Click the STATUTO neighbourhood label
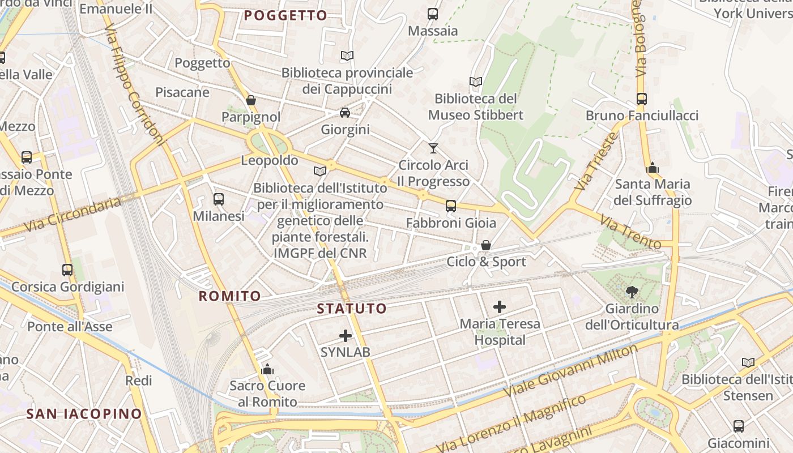[352, 309]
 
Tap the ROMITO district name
[230, 296]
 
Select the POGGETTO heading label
[285, 15]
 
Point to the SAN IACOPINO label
[84, 414]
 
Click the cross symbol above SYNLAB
[346, 336]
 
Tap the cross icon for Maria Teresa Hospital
[500, 307]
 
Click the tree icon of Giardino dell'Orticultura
[632, 292]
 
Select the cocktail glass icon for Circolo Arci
[433, 148]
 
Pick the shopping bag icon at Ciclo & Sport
[486, 245]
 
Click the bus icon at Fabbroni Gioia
[451, 206]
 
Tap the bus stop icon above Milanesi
[219, 199]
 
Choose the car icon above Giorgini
[345, 113]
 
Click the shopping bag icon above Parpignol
[251, 100]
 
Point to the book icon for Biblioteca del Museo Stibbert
[476, 82]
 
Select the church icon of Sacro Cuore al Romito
[267, 370]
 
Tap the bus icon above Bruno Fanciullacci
[642, 99]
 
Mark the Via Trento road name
[630, 232]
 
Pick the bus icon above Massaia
[433, 14]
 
